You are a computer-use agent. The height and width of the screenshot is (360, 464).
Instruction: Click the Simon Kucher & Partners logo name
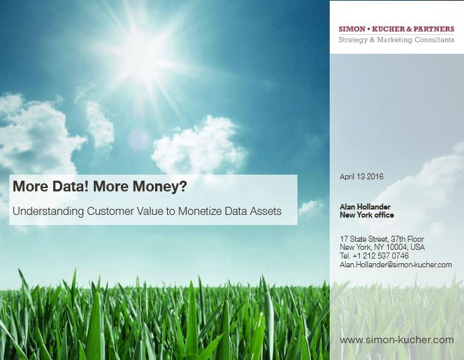(396, 29)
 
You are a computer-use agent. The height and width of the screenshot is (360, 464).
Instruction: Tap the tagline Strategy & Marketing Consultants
(396, 40)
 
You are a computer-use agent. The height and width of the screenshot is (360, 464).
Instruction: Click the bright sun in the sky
(139, 57)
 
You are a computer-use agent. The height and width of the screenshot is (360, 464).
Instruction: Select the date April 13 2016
(361, 177)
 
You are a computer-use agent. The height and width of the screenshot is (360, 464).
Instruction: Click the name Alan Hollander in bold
(365, 207)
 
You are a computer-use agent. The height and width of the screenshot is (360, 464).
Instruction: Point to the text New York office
(367, 215)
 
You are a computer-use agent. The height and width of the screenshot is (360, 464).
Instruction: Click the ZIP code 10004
(397, 247)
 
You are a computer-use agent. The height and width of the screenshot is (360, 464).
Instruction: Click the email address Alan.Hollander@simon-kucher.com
(396, 265)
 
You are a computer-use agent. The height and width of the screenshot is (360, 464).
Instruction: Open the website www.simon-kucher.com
(397, 340)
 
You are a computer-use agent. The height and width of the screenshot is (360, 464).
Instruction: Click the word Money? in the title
(160, 187)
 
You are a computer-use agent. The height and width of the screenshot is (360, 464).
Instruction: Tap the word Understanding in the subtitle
(48, 212)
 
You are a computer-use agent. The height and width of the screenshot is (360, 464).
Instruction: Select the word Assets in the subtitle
(265, 212)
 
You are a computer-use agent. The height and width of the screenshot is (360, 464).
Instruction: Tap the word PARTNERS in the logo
(434, 29)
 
